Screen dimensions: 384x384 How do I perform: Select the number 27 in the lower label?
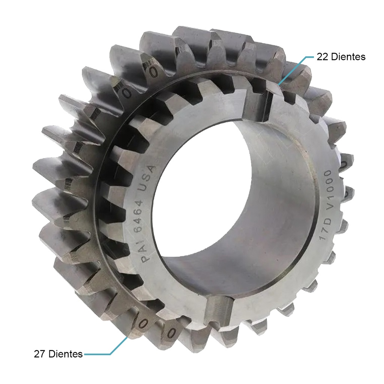point(39,354)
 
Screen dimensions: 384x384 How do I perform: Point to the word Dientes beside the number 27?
point(65,354)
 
